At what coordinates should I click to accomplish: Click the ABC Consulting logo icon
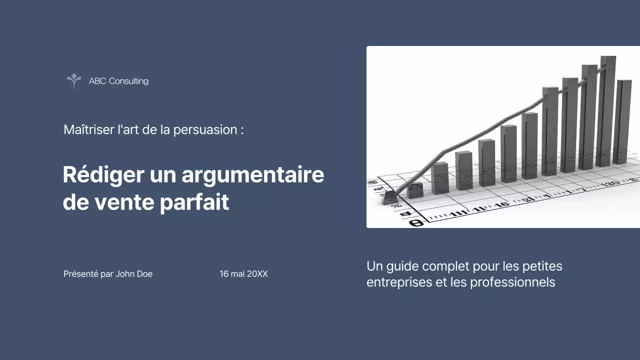tap(74, 80)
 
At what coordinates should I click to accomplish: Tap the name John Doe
tap(134, 274)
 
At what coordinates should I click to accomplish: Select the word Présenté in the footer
tap(80, 274)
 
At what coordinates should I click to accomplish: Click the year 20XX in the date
tap(257, 274)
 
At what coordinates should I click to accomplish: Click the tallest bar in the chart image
tap(607, 110)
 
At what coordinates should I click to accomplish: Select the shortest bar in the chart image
tap(415, 190)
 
